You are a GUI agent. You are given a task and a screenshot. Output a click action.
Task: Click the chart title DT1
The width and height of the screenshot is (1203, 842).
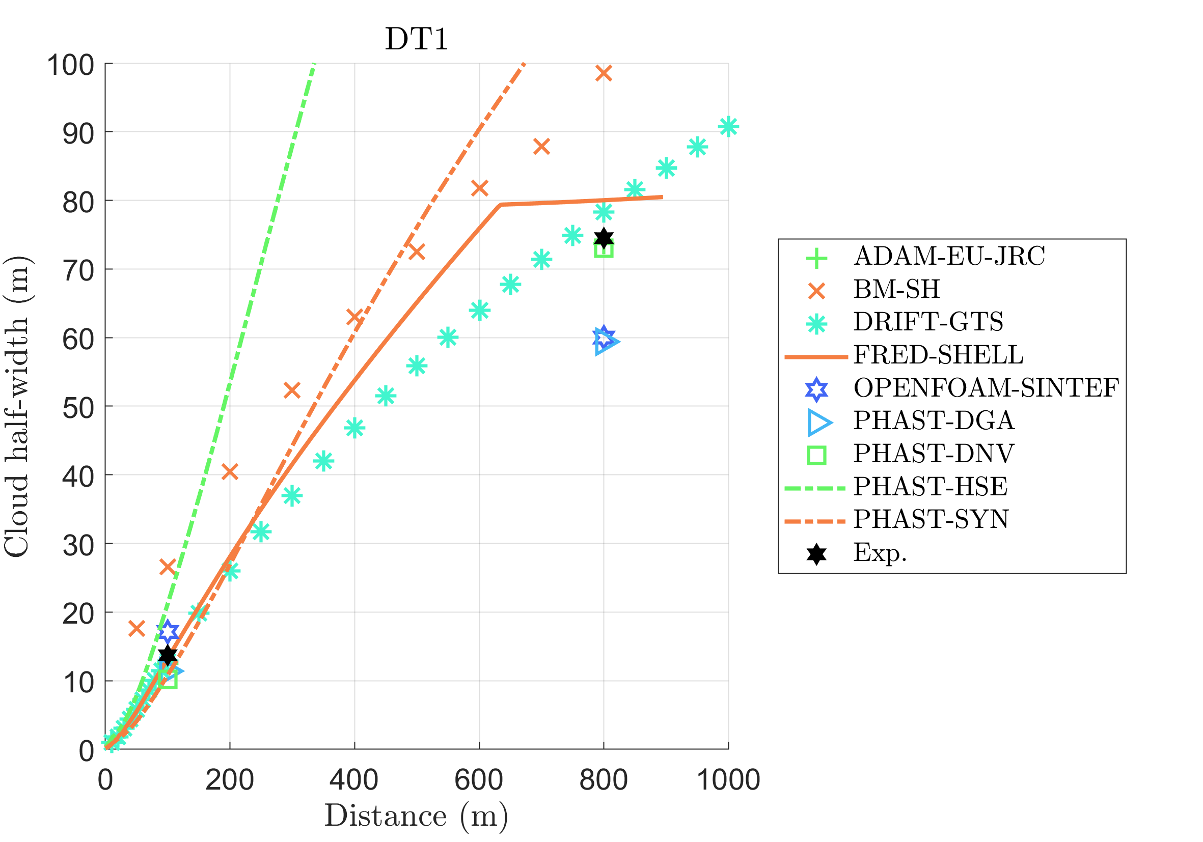417,39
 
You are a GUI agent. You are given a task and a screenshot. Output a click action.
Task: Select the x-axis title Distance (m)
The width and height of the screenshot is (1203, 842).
417,816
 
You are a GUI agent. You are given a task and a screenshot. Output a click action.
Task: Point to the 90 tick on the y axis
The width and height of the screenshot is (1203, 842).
78,134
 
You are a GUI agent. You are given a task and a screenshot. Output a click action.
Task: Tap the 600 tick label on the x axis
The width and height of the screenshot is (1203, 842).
479,780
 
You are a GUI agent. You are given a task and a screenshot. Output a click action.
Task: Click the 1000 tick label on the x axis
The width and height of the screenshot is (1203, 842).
728,780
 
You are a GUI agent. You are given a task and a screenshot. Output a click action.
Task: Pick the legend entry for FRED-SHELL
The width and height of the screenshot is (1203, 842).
938,355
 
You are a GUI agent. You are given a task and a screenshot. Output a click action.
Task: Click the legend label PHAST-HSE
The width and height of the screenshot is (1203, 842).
931,487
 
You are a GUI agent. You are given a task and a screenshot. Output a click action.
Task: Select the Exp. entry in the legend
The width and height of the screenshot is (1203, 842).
880,552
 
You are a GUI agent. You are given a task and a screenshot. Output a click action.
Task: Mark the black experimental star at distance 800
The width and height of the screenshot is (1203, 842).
604,238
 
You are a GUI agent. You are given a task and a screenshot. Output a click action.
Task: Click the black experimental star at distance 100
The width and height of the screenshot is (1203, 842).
168,655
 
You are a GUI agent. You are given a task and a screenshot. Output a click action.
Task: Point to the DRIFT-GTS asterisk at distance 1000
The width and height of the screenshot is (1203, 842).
728,127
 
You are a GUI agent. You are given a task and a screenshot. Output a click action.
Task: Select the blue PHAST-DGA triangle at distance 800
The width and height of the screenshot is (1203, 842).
605,343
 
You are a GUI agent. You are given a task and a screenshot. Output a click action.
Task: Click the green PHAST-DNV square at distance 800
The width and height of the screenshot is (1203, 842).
604,250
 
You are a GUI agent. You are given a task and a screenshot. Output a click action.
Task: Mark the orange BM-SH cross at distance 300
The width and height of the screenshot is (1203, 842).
292,390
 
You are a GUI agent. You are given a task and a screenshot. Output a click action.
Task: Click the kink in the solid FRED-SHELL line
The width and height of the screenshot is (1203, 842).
501,205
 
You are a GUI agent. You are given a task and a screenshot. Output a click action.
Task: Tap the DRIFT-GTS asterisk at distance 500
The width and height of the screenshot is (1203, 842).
417,366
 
